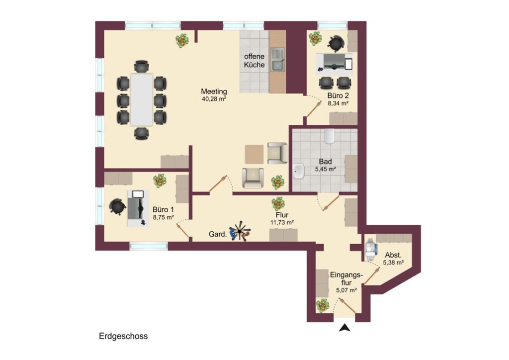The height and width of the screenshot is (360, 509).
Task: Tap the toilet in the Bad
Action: (x=329, y=136)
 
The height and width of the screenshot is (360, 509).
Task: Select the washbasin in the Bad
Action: (x=299, y=171)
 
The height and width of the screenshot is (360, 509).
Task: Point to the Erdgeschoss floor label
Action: (x=123, y=336)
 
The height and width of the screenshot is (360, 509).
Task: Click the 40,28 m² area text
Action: (x=214, y=99)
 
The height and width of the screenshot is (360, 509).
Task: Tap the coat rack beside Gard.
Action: (x=240, y=231)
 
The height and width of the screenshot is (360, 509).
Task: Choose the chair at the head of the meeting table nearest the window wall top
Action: (x=142, y=67)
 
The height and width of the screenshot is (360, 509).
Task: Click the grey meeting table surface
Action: (x=142, y=99)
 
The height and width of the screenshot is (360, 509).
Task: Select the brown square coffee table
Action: (x=254, y=154)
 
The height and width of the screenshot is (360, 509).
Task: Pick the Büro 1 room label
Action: (x=163, y=210)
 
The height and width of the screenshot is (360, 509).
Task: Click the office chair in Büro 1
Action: (x=117, y=206)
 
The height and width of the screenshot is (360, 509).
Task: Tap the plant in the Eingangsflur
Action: (x=323, y=306)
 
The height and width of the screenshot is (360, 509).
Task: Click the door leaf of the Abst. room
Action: (x=372, y=276)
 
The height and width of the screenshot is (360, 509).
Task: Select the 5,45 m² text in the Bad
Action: (x=325, y=169)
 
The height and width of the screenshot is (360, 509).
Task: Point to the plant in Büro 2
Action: (x=315, y=39)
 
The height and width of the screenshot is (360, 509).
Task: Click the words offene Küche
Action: (x=254, y=61)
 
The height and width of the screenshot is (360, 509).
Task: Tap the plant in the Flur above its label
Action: (x=278, y=204)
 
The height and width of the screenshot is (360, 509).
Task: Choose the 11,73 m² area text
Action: (x=282, y=223)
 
